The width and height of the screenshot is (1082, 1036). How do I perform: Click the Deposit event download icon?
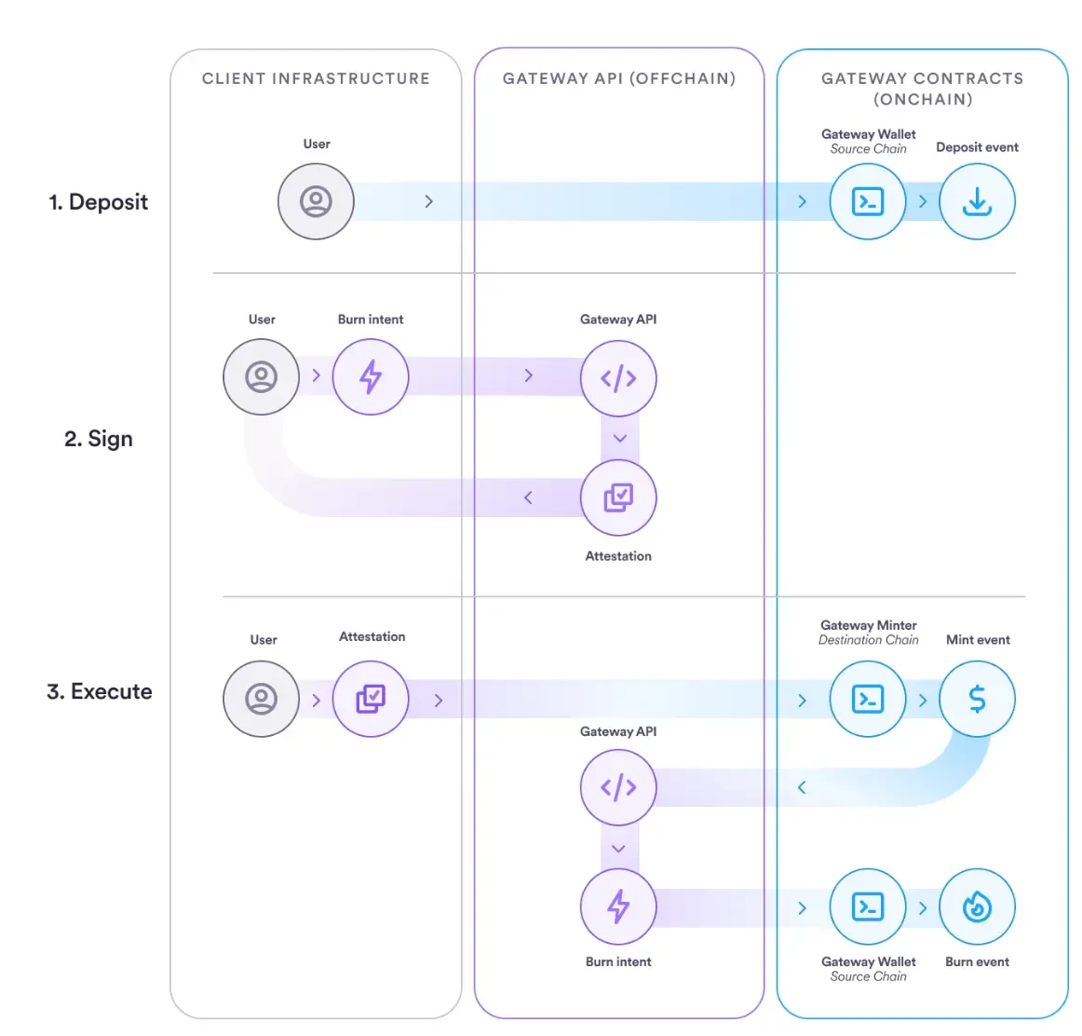[x=977, y=201]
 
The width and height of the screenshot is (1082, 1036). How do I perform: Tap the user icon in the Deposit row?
[x=316, y=201]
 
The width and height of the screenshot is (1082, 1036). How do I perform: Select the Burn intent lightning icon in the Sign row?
[x=371, y=376]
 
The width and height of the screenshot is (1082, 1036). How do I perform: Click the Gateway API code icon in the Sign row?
[x=618, y=378]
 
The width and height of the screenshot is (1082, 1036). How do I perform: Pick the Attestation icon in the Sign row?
[x=618, y=498]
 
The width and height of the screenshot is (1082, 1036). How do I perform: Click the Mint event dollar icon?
[x=977, y=699]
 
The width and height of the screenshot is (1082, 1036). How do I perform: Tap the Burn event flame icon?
[x=977, y=906]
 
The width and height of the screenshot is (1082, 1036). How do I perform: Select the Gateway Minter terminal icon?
[x=868, y=699]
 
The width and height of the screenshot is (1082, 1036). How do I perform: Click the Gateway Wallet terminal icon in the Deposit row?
[x=868, y=201]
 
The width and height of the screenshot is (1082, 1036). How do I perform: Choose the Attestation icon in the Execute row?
[x=371, y=699]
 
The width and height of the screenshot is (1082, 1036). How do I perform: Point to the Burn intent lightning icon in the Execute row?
[x=618, y=906]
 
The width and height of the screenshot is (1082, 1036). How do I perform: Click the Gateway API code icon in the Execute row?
[x=618, y=787]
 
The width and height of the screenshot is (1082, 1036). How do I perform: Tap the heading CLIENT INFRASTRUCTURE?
[x=316, y=79]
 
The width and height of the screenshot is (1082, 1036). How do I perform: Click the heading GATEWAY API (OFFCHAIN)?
[x=619, y=79]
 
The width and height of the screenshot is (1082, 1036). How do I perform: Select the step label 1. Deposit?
[x=98, y=202]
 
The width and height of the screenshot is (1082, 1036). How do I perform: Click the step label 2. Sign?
[x=98, y=439]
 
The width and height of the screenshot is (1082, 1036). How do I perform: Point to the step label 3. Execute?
[x=99, y=692]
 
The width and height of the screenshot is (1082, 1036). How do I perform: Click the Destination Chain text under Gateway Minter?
[x=868, y=640]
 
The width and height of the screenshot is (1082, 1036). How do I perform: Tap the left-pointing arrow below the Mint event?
[x=802, y=788]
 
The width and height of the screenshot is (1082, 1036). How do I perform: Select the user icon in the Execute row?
[x=261, y=699]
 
